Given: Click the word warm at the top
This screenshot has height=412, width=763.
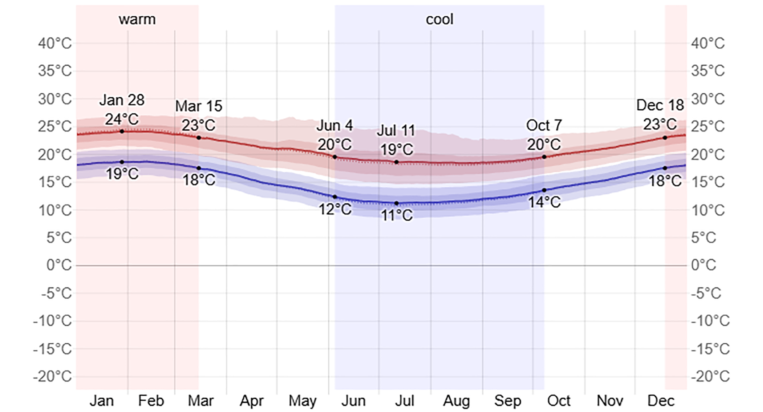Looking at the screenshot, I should pyautogui.click(x=137, y=19).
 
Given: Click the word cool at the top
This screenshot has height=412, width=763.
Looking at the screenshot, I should pyautogui.click(x=440, y=19).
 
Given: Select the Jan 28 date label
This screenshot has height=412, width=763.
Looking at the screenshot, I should pyautogui.click(x=122, y=100).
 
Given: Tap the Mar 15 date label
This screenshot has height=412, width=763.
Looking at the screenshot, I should pyautogui.click(x=199, y=106).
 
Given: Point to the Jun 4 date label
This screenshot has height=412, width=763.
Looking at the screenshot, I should pyautogui.click(x=335, y=126).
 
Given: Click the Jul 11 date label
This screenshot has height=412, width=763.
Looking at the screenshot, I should pyautogui.click(x=396, y=131).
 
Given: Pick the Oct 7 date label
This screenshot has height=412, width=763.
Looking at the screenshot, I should pyautogui.click(x=544, y=125).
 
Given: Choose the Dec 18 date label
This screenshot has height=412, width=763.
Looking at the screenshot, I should pyautogui.click(x=660, y=105).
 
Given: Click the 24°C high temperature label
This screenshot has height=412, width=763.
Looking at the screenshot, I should pyautogui.click(x=122, y=119).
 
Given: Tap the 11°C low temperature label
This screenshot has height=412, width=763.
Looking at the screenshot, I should pyautogui.click(x=397, y=216).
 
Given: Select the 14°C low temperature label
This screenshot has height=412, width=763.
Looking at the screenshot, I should pyautogui.click(x=544, y=202).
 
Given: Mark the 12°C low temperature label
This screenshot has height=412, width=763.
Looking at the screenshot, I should pyautogui.click(x=335, y=209).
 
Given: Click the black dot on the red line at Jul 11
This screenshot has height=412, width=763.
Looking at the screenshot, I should pyautogui.click(x=396, y=162).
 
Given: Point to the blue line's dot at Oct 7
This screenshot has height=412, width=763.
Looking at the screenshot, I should pyautogui.click(x=544, y=190).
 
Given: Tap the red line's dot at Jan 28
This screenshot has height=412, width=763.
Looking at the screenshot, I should pyautogui.click(x=122, y=131).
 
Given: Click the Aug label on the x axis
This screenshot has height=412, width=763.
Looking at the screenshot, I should pyautogui.click(x=456, y=401).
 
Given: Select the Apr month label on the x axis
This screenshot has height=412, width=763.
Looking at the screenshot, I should pyautogui.click(x=251, y=401).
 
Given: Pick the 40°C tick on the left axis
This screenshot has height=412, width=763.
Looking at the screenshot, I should pyautogui.click(x=55, y=43).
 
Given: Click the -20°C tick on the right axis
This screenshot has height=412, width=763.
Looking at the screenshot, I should pyautogui.click(x=710, y=376).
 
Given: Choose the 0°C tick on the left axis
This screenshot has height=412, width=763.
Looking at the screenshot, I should pyautogui.click(x=59, y=265).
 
